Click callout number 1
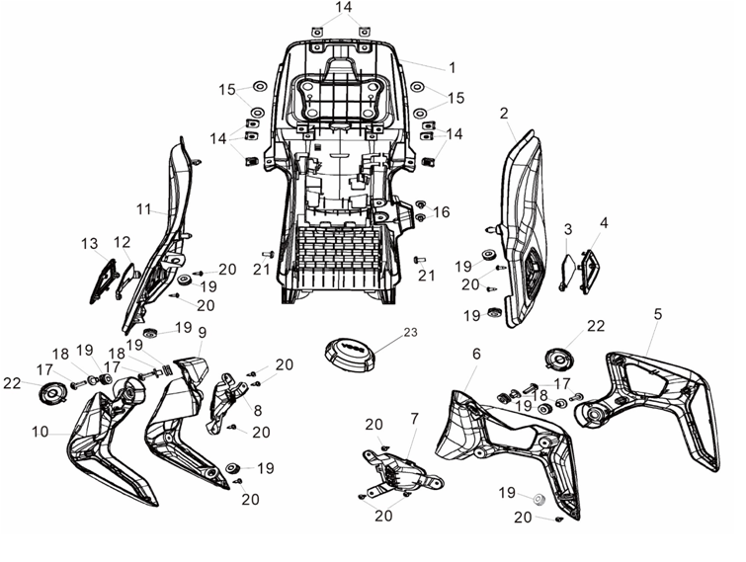point(452,68)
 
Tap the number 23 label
point(411,332)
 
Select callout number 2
point(504,114)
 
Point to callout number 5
point(657,314)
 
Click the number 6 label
point(476,354)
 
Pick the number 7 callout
point(414,419)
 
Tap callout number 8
point(258,410)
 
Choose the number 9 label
point(203,332)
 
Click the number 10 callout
point(41,432)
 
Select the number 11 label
point(143,208)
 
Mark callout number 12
point(122,242)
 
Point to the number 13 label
point(90,243)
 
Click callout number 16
point(442,212)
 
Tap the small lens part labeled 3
point(567,272)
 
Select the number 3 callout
point(568,229)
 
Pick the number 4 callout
point(604,222)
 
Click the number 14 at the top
point(344,7)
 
